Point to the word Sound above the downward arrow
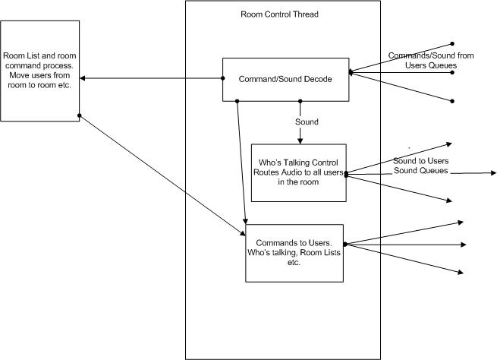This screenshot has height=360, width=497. tap(307, 122)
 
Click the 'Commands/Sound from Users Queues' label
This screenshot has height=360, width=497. tap(422, 61)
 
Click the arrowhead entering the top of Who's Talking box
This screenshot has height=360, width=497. tap(301, 141)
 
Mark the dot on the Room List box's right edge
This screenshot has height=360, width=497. tap(79, 115)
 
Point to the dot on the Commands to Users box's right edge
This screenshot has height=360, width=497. tap(344, 244)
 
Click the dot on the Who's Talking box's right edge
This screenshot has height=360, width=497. tap(346, 174)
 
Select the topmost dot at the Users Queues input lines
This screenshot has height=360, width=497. tap(452, 43)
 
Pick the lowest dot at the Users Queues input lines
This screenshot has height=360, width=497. tap(452, 100)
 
